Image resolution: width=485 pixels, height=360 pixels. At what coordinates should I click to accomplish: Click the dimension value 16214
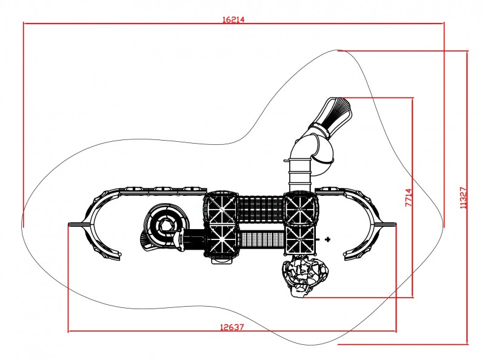[x=233, y=19]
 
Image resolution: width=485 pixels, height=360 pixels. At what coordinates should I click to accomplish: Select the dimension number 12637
[x=232, y=327]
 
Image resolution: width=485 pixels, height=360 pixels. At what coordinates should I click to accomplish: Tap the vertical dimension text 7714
[x=409, y=198]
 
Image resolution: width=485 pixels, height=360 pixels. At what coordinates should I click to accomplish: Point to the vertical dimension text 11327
[x=463, y=198]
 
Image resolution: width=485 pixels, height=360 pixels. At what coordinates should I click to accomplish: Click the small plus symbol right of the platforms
[x=328, y=239]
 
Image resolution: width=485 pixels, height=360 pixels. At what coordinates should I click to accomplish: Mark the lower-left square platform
[x=221, y=239]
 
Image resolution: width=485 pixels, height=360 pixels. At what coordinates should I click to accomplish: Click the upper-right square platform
[x=299, y=208]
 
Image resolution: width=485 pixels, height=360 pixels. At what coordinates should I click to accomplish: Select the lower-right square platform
[x=300, y=239]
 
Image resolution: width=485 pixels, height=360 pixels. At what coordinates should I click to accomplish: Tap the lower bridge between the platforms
[x=262, y=240]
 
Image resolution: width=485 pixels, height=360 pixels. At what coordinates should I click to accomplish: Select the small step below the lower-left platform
[x=222, y=260]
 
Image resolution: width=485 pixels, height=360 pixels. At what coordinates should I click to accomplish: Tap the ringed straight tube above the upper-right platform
[x=299, y=175]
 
